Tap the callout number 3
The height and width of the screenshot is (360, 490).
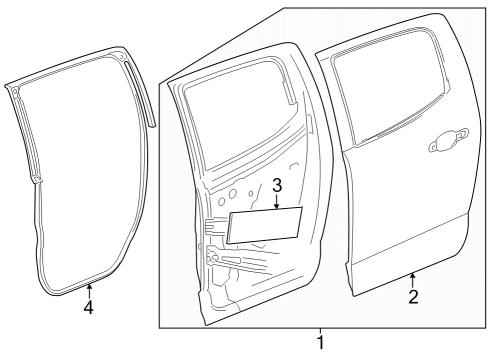[277, 186]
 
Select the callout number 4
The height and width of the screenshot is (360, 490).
[88, 307]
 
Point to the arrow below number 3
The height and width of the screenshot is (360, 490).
[277, 203]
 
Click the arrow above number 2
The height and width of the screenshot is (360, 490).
[412, 276]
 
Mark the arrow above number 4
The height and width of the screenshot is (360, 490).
[88, 290]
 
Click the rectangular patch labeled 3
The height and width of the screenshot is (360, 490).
[266, 225]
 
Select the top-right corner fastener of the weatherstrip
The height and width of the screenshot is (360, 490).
[121, 60]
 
